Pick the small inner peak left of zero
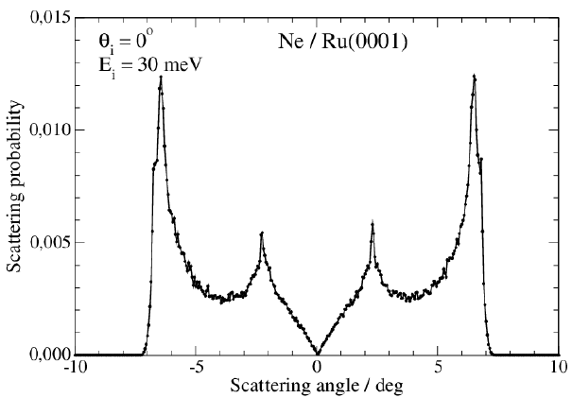coord(262,232)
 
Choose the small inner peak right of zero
coord(373,224)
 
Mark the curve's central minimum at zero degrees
coord(318,354)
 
